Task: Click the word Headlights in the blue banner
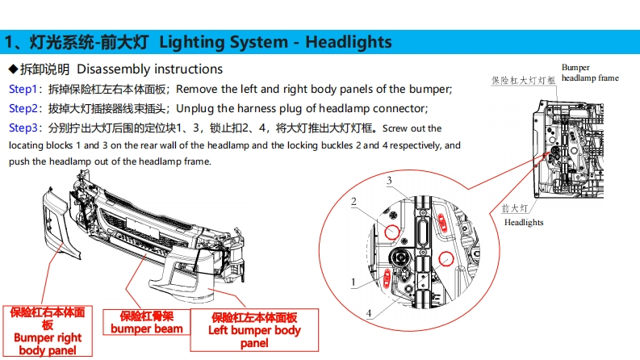[x=349, y=42]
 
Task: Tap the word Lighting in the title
[x=189, y=43]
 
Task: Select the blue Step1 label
[x=23, y=89]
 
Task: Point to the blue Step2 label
[x=23, y=108]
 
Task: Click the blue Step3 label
[x=23, y=128]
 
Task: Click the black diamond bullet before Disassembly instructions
[x=14, y=69]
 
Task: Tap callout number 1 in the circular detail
[x=353, y=282]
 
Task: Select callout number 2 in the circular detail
[x=353, y=202]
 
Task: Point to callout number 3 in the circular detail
[x=389, y=181]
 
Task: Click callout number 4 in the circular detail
[x=369, y=313]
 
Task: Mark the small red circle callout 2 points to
[x=392, y=232]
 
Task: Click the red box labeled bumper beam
[x=147, y=322]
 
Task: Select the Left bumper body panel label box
[x=254, y=330]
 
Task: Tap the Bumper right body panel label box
[x=48, y=331]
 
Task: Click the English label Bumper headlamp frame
[x=590, y=73]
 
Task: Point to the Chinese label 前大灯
[x=515, y=208]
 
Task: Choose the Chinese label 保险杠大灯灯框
[x=523, y=81]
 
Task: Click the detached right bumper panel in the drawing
[x=58, y=223]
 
